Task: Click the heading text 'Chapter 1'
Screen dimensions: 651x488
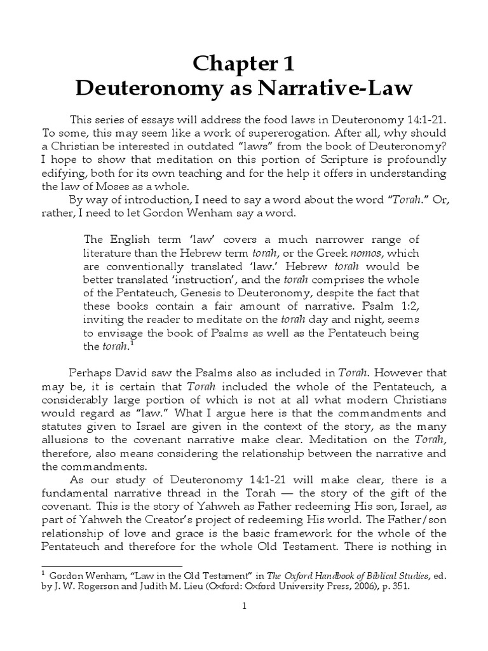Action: click(244, 64)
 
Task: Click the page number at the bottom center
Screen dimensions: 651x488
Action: click(244, 624)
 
